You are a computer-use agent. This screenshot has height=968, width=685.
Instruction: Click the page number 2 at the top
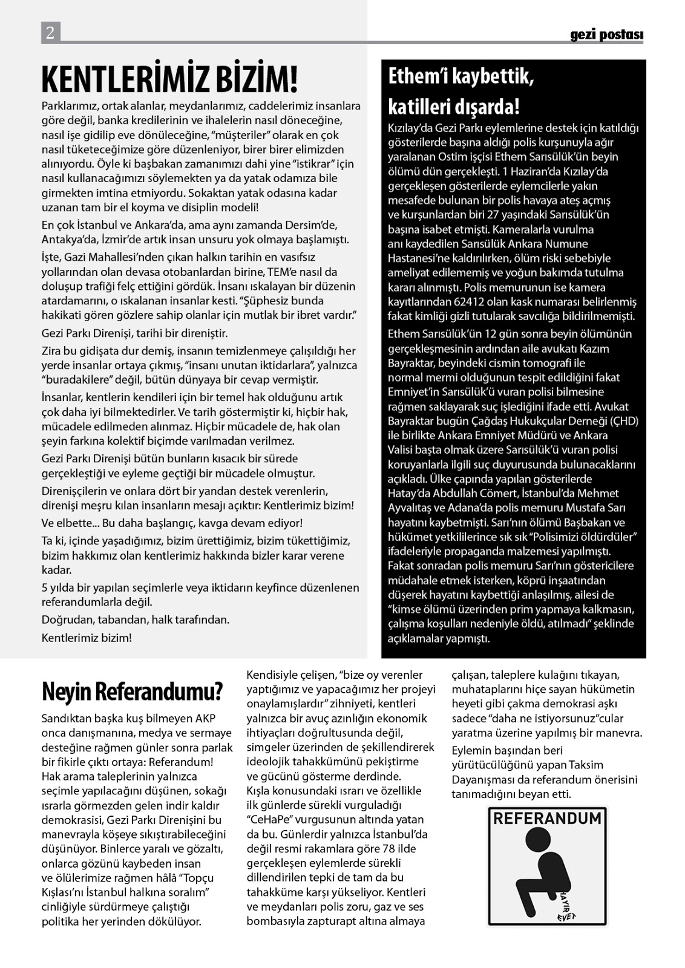point(50,32)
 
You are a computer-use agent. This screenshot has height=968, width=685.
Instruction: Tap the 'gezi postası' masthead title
point(606,35)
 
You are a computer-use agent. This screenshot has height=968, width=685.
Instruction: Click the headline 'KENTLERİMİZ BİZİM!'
point(169,79)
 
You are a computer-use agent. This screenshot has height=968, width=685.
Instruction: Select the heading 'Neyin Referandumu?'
point(133,692)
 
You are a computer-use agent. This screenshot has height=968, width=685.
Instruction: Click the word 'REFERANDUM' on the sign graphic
point(548,819)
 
